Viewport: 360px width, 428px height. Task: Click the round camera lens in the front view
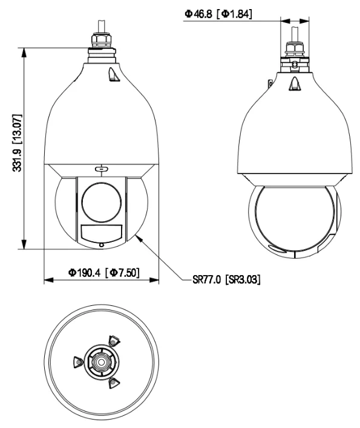[100, 201]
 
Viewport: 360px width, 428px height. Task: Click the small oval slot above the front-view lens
[100, 169]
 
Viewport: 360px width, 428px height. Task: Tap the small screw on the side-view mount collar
[293, 63]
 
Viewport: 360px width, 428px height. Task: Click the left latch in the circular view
[76, 362]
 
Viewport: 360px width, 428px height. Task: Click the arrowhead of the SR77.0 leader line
[138, 238]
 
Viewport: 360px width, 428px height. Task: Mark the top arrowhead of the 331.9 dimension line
[24, 51]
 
